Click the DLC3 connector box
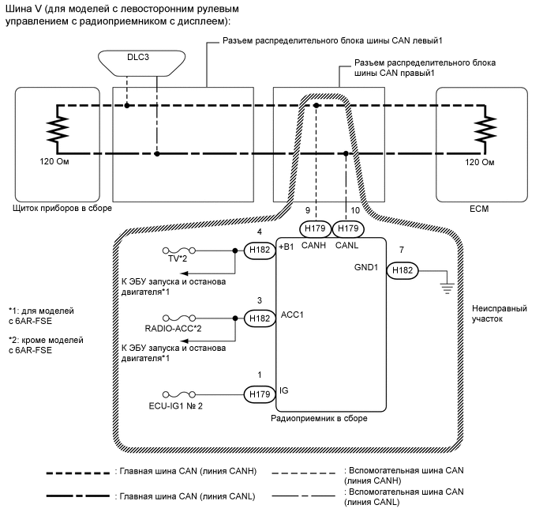[x=126, y=62]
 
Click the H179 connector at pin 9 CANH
[x=315, y=228]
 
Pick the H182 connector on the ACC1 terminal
[x=257, y=318]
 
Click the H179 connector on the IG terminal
[x=257, y=392]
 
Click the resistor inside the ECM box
[x=490, y=129]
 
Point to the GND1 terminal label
[x=367, y=267]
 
